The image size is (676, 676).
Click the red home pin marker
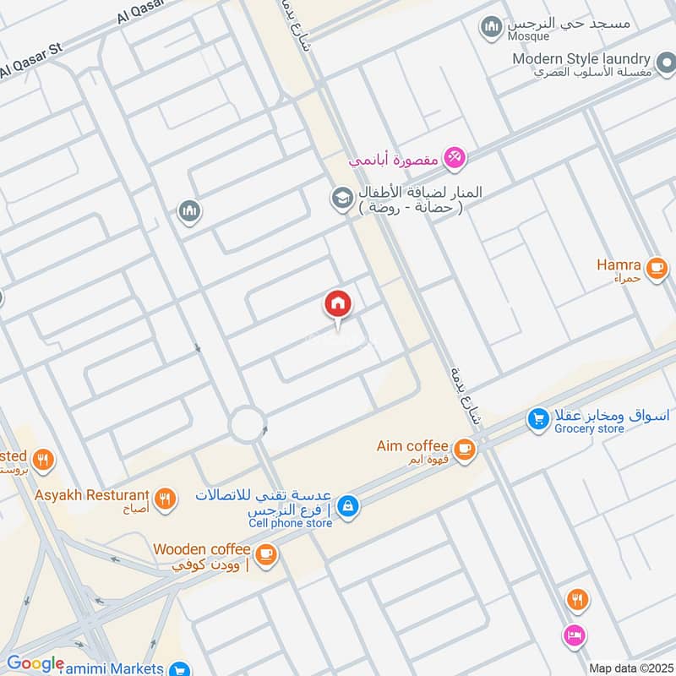(338, 304)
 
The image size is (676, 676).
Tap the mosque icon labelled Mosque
(492, 28)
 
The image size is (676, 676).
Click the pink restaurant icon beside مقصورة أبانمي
(455, 157)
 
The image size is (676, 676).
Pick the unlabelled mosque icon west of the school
(190, 210)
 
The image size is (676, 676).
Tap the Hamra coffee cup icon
(656, 269)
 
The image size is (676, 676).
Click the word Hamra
(619, 264)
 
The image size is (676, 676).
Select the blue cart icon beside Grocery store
(537, 417)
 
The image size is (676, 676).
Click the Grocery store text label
(589, 429)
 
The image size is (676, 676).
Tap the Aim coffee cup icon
(463, 447)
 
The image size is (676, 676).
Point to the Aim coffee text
(412, 445)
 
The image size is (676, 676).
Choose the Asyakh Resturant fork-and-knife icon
(166, 499)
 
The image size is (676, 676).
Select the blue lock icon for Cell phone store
(346, 506)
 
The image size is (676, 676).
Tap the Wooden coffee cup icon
(266, 553)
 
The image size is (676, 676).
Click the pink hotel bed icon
(575, 635)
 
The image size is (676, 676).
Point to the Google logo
(35, 663)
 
